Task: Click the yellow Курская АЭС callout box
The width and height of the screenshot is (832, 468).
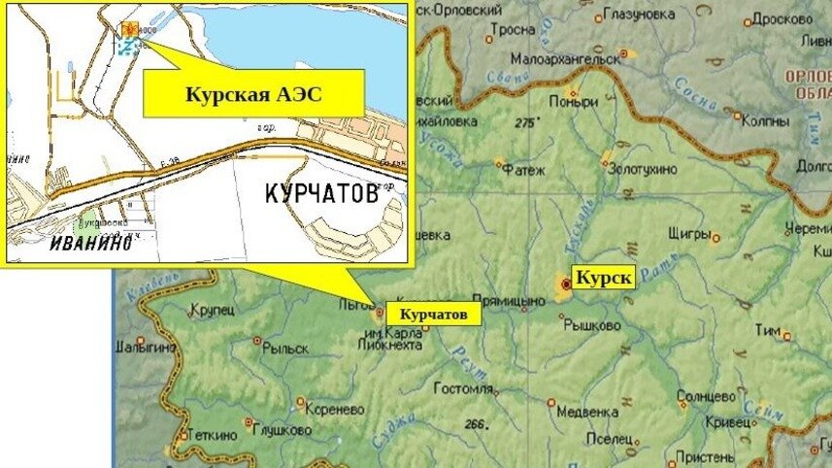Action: tap(253, 94)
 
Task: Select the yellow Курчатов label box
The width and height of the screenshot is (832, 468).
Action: tap(433, 315)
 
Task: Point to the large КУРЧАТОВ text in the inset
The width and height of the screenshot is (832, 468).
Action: tap(321, 193)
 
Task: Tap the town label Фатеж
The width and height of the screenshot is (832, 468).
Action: tap(524, 170)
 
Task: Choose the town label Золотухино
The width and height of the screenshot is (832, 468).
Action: tap(642, 168)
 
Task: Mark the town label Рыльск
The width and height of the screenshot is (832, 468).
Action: tap(287, 349)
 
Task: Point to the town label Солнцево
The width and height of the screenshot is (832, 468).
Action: tap(705, 396)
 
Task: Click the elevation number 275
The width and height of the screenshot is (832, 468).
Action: tap(527, 122)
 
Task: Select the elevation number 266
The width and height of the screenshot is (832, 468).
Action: tap(475, 423)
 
